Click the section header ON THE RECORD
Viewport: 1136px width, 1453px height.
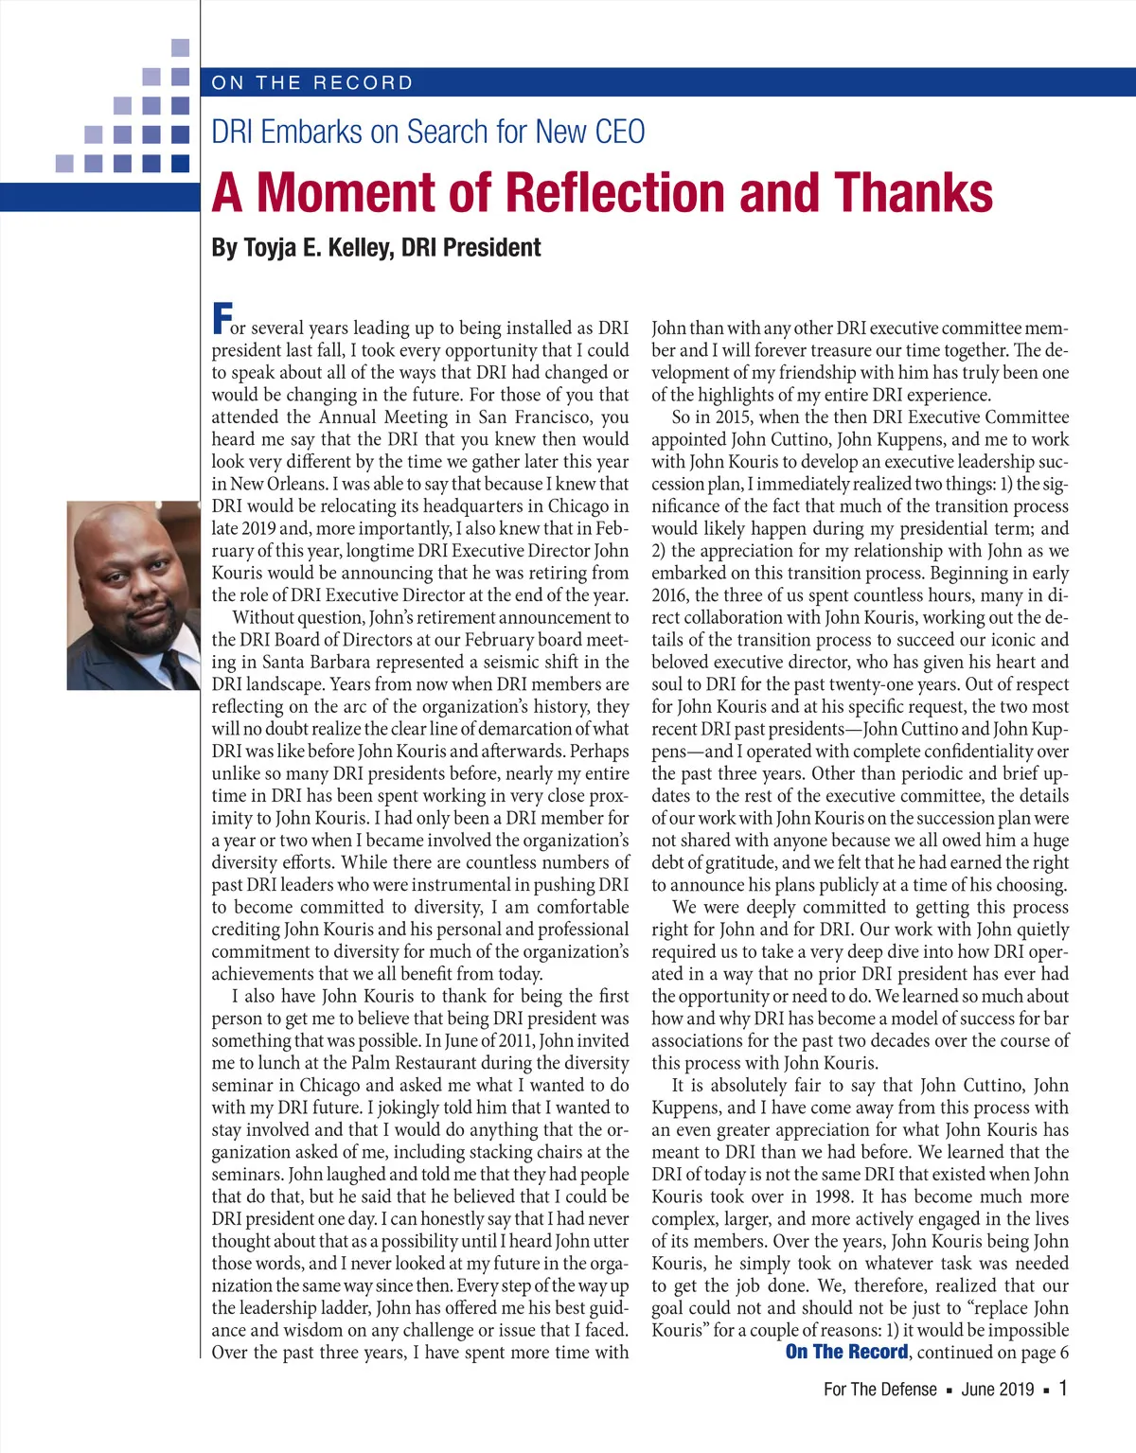click(x=312, y=82)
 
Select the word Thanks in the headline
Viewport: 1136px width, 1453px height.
click(x=914, y=192)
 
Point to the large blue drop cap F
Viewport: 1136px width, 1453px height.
click(x=222, y=318)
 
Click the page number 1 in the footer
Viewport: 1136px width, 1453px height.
click(x=1063, y=1389)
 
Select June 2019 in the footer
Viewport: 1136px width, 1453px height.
click(x=998, y=1390)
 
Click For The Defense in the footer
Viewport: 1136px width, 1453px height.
click(x=879, y=1390)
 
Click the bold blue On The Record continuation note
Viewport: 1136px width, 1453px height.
click(x=846, y=1352)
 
